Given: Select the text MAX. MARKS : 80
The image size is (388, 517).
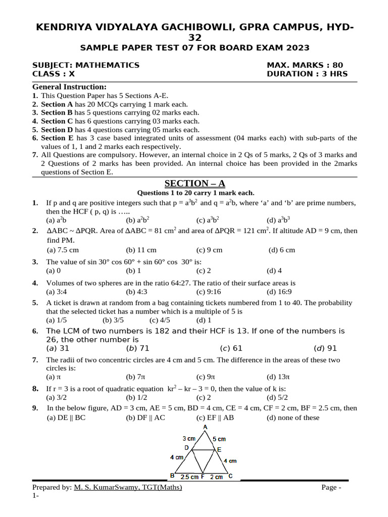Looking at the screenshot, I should tap(304, 65).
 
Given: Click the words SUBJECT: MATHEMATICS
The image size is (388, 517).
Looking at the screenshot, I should tap(86, 65).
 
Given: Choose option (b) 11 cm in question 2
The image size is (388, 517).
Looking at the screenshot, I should tap(141, 250).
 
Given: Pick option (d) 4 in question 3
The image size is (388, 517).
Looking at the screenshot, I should tap(274, 271).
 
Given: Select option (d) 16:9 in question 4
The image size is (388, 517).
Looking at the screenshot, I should tap(279, 292).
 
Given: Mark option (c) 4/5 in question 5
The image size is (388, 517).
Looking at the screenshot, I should tap(161, 320).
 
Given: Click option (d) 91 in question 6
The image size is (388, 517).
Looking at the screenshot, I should tap(325, 348).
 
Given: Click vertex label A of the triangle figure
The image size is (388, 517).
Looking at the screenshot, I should tap(205, 428).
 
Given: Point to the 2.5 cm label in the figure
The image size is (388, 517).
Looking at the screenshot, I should tap(189, 477).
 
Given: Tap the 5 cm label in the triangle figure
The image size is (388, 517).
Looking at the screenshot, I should tap(219, 439).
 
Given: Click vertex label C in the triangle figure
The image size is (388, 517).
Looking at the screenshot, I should tap(230, 476).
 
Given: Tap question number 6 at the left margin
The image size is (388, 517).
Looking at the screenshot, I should tap(35, 331).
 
